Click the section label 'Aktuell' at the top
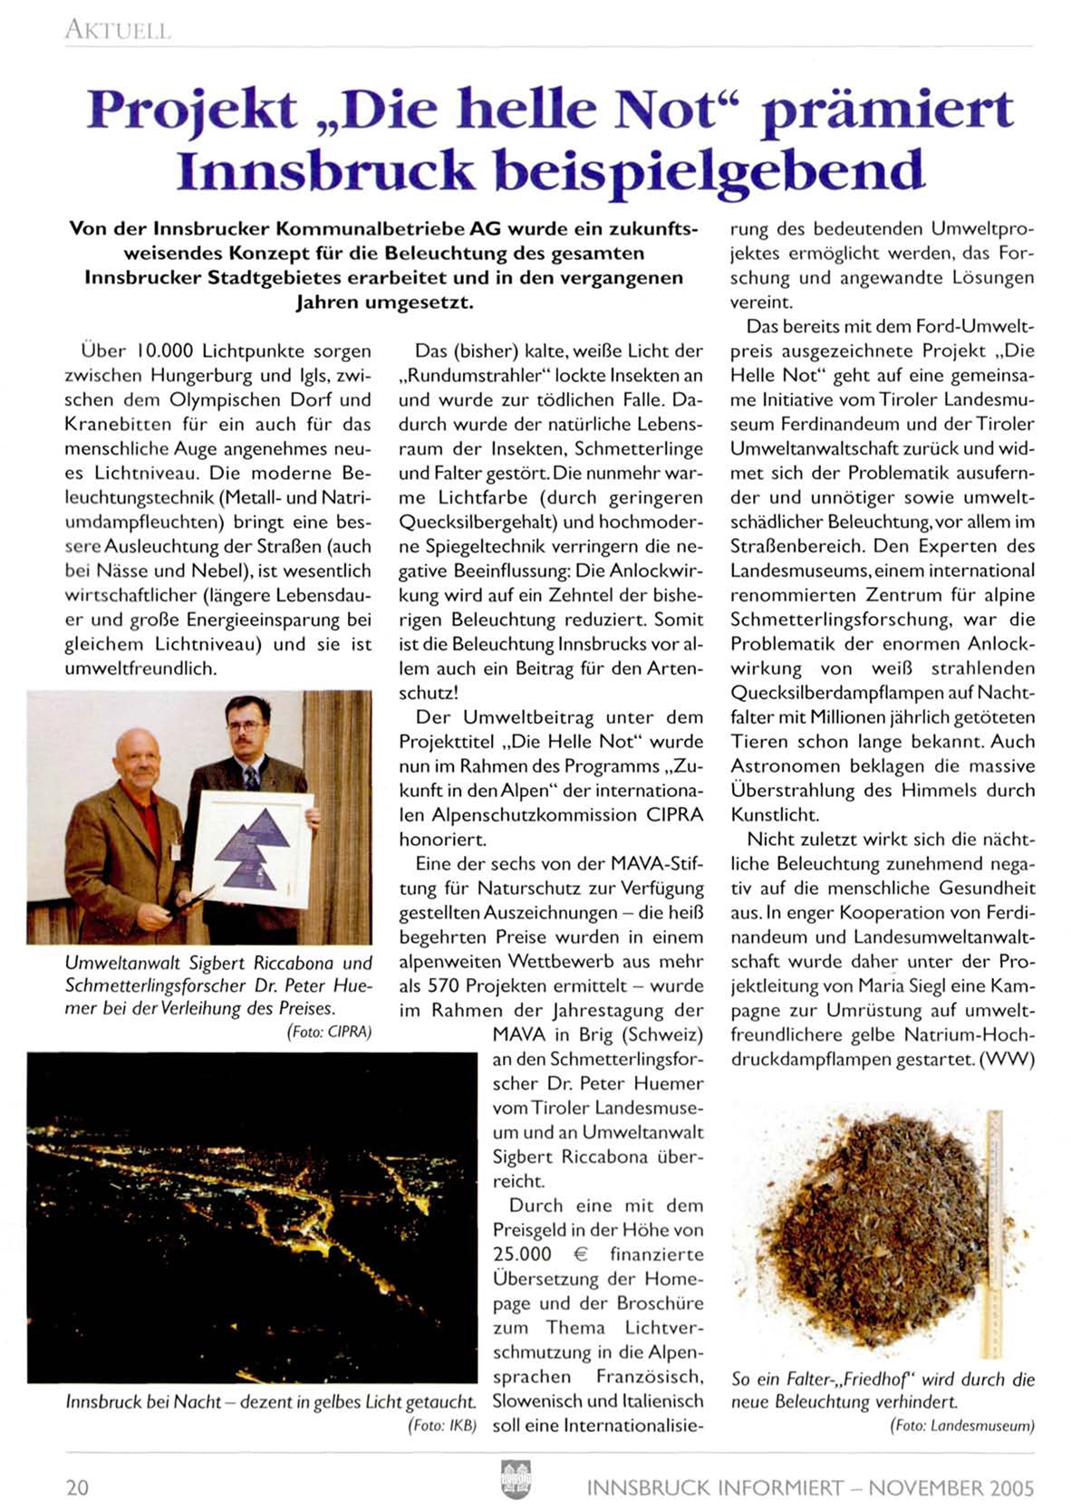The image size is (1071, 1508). tap(117, 31)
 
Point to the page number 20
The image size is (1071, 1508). tap(77, 1487)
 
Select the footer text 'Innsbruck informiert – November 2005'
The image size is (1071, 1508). tap(810, 1487)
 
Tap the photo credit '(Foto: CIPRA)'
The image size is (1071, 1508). tap(329, 1032)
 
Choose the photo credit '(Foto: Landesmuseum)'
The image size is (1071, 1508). tap(961, 1425)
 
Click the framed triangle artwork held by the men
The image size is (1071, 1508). tap(251, 849)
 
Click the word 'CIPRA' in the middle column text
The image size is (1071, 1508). tap(674, 814)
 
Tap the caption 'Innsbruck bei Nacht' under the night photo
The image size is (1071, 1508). tap(143, 1401)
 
